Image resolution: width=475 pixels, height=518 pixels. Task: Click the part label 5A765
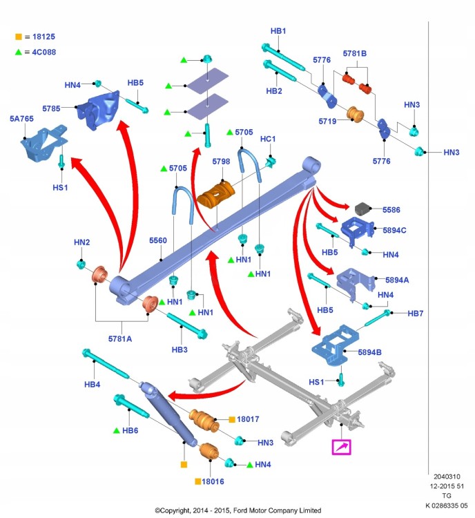point(21,119)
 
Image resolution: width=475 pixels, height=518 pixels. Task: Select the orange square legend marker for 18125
point(19,37)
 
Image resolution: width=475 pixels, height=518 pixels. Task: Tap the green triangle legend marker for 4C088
point(19,52)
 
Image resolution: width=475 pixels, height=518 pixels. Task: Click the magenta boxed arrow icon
point(341,448)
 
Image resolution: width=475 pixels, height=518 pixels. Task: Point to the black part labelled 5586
point(362,209)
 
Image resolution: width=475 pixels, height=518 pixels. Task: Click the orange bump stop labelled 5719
point(355,114)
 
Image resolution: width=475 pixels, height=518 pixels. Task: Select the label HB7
point(415,314)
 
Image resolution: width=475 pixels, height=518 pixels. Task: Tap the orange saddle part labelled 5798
point(215,195)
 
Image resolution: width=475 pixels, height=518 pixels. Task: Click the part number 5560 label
point(158,240)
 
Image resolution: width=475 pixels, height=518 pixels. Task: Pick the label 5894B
point(369,352)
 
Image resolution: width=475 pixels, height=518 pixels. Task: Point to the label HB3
point(180,349)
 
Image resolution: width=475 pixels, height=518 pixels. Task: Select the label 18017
point(248,419)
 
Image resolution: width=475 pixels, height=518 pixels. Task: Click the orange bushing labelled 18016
point(209,452)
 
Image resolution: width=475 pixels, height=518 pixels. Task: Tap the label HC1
point(268,139)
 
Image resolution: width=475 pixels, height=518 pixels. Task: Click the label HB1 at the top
point(278,31)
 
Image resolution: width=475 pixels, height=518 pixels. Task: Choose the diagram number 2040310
point(447,477)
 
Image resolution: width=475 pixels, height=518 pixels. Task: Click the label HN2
point(81,242)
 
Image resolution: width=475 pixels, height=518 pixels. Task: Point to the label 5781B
point(354,53)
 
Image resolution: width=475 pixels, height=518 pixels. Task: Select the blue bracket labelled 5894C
point(357,231)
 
